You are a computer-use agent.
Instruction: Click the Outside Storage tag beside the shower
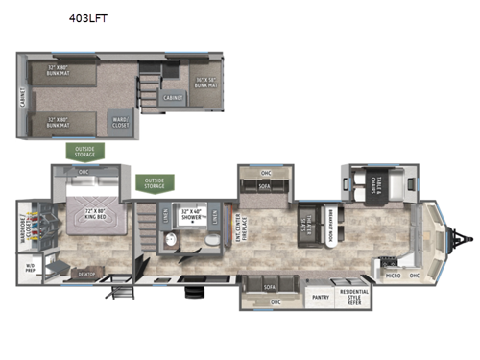[154, 182]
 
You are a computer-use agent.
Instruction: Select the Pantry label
[320, 298]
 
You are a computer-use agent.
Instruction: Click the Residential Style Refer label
[352, 298]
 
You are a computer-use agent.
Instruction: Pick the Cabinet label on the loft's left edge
[22, 96]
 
